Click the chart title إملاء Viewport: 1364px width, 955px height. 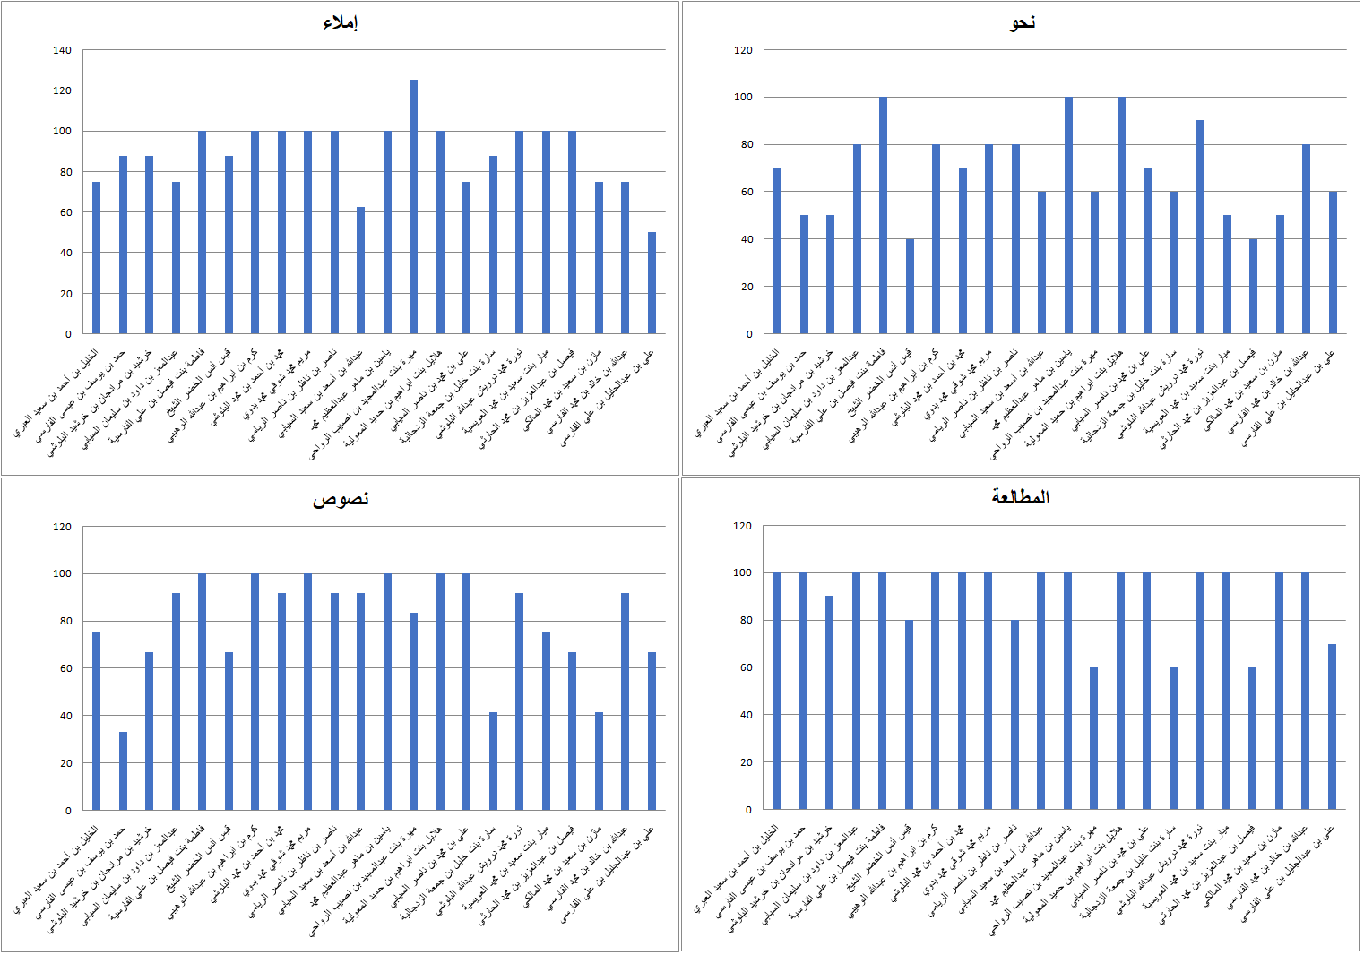[x=340, y=22]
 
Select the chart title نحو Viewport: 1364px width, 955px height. [x=1022, y=22]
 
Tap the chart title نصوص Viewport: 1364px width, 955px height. [x=341, y=499]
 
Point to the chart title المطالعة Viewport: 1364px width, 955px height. [x=1020, y=497]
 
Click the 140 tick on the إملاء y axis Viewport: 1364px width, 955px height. [x=62, y=50]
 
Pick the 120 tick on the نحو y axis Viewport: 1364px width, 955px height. [x=743, y=50]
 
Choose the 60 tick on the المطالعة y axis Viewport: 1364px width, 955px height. [x=743, y=667]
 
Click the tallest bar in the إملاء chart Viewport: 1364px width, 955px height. [x=413, y=207]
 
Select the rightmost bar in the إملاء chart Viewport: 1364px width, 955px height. [x=652, y=283]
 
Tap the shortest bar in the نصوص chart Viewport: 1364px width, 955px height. [x=123, y=771]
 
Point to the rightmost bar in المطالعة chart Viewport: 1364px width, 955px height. [x=1333, y=727]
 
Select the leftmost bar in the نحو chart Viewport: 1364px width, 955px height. [x=777, y=251]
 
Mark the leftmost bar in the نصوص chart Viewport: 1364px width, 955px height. [x=96, y=721]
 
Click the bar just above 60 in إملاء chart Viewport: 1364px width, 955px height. [x=360, y=271]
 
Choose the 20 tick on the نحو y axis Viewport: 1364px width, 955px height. [x=743, y=287]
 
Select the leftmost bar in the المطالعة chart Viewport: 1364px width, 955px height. [x=777, y=691]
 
